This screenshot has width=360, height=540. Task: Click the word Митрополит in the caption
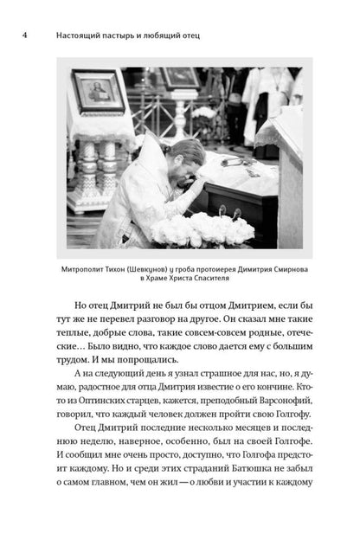[92, 268]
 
